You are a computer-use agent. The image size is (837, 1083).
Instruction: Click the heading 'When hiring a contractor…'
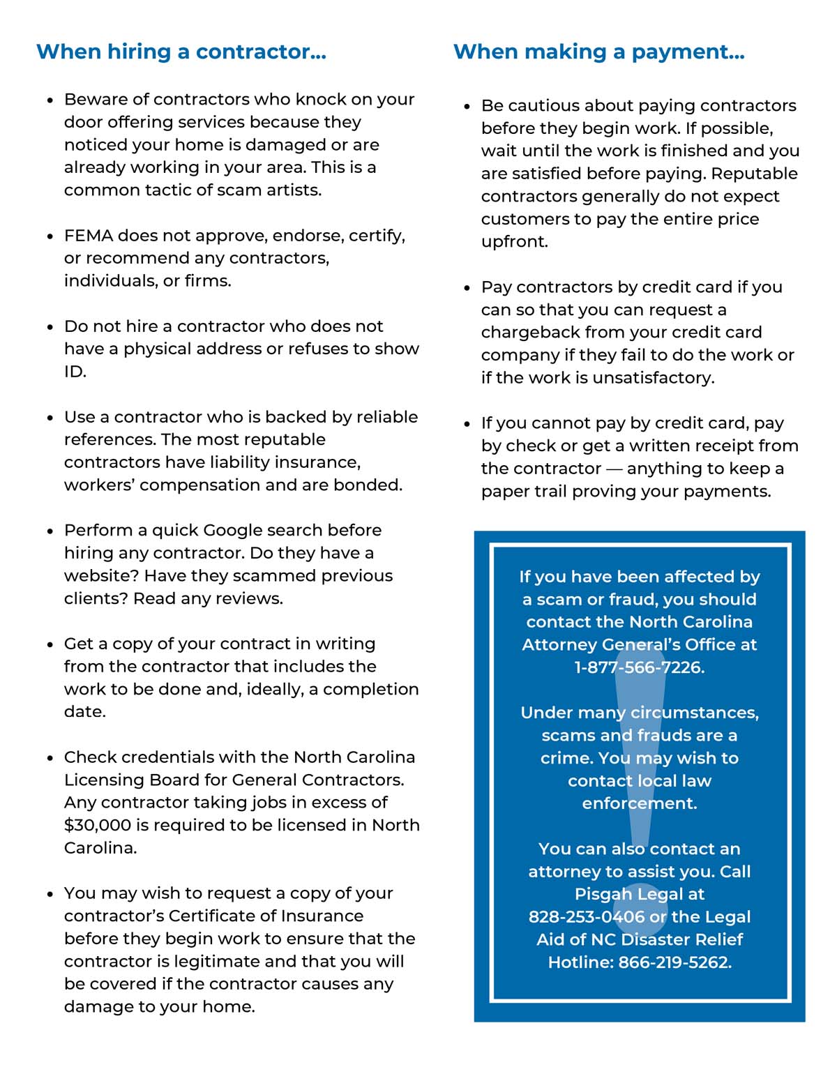coord(181,52)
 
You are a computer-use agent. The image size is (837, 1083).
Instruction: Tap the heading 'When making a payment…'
coord(598,52)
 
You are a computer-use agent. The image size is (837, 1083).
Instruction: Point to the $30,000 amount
coord(97,825)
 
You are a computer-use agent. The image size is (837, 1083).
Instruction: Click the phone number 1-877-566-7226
coord(639,667)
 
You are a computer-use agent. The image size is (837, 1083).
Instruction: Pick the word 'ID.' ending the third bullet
coord(75,372)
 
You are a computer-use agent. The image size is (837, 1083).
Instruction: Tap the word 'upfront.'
coord(514,242)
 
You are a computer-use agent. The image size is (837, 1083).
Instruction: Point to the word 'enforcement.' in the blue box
coord(639,803)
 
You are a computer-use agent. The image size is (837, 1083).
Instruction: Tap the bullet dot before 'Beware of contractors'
coord(50,100)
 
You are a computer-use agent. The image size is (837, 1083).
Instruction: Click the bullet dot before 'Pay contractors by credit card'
coord(467,288)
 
